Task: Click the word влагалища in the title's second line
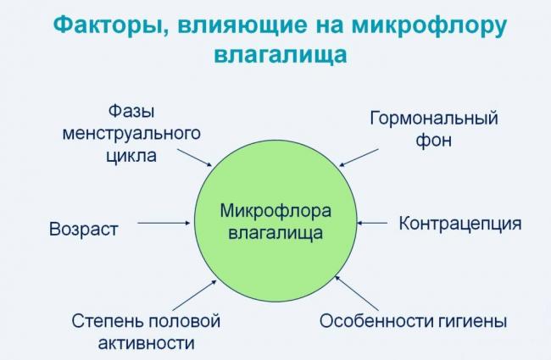[x=275, y=56]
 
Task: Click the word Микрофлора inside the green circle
[x=276, y=209]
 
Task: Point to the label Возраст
[x=83, y=229]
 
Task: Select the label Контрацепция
[x=459, y=224]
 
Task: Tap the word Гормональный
[x=433, y=118]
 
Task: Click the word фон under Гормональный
[x=433, y=140]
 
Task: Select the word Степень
[x=108, y=321]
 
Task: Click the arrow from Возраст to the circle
[x=164, y=224]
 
